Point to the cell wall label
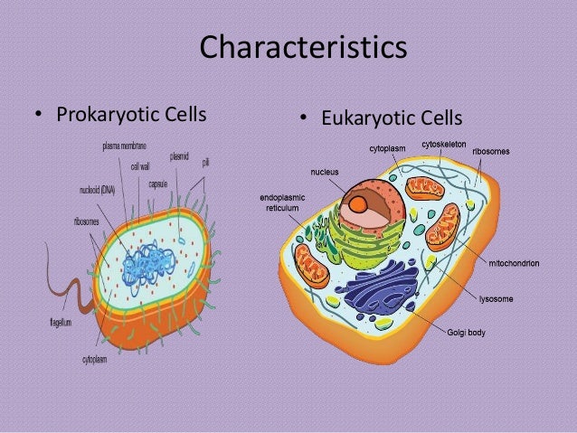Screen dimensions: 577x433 click(140, 166)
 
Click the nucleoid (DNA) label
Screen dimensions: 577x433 click(97, 190)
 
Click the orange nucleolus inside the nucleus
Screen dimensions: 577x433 click(360, 205)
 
